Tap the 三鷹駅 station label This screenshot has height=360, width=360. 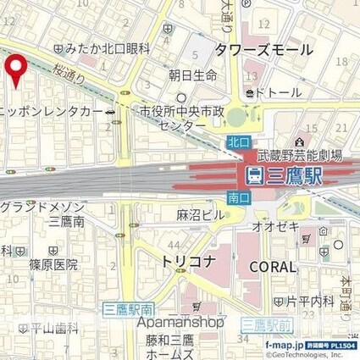(x=285, y=176)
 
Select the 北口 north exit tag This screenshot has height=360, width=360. (x=238, y=143)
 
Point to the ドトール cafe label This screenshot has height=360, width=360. (x=276, y=91)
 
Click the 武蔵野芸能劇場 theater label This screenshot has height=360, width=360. (x=305, y=156)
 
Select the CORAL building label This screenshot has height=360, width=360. (x=273, y=266)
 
